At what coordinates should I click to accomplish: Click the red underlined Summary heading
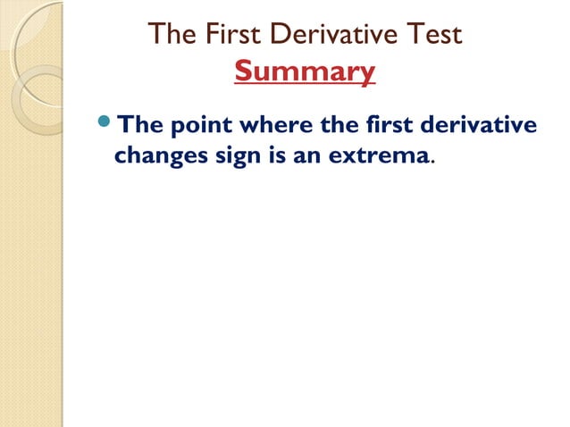[x=305, y=71]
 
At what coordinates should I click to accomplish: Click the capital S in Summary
[x=244, y=71]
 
